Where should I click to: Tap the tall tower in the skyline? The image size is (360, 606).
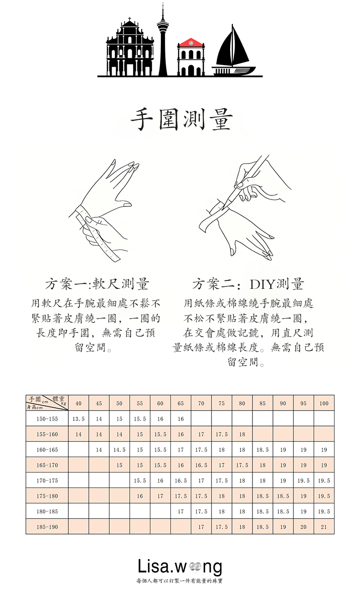[x=163, y=41]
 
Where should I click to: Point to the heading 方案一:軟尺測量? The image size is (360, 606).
[x=98, y=284]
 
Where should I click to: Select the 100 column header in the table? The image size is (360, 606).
[x=324, y=403]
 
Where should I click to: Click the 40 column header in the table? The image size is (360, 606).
[x=78, y=403]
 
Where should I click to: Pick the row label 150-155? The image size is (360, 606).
[x=47, y=419]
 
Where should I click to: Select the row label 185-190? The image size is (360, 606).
[x=47, y=527]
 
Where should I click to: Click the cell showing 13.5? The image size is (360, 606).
[x=78, y=419]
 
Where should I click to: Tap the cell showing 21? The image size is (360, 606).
[x=324, y=527]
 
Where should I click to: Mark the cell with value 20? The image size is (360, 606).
[x=303, y=527]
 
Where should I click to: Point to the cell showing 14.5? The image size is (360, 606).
[x=119, y=450]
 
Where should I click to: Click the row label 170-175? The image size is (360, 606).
[x=47, y=481]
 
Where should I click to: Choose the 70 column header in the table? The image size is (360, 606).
[x=201, y=403]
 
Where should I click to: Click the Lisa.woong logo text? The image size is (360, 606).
[x=180, y=567]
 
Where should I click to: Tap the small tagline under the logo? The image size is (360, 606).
[x=180, y=581]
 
